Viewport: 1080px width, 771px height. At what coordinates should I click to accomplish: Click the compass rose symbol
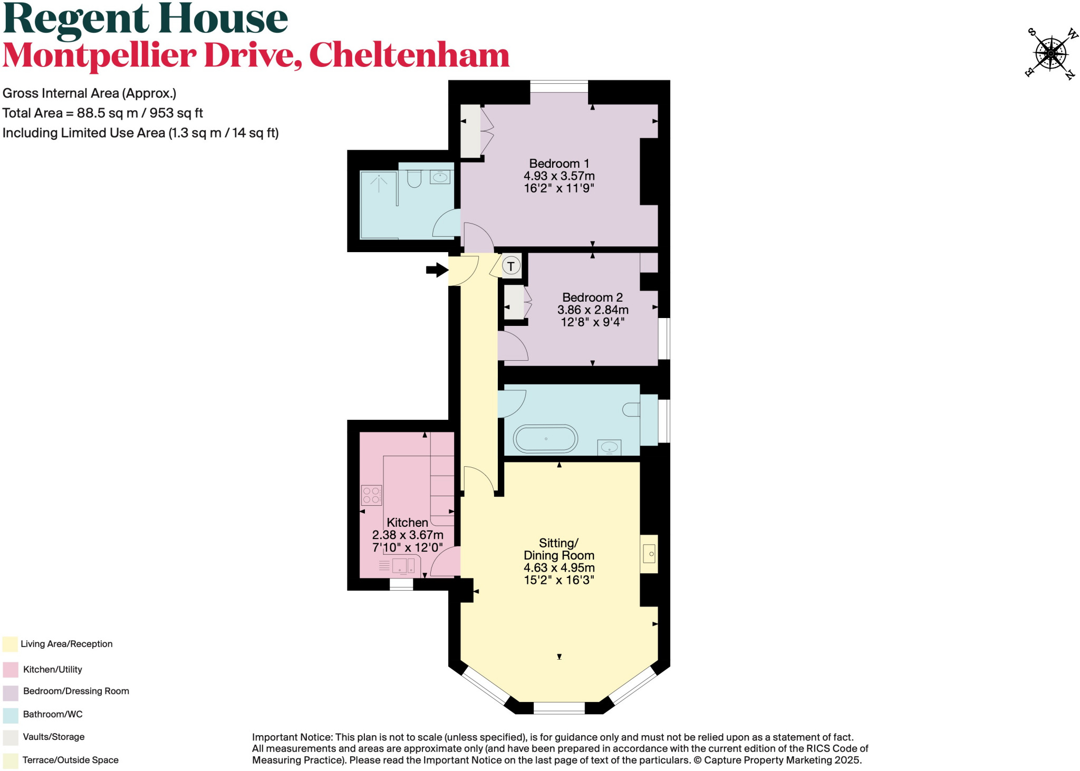click(x=1050, y=53)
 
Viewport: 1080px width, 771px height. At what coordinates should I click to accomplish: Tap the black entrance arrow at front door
click(x=437, y=270)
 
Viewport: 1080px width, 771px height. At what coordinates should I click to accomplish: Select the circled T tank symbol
click(x=510, y=266)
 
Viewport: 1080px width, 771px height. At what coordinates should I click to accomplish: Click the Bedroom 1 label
click(x=559, y=163)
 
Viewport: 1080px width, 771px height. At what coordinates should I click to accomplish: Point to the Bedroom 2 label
click(x=592, y=297)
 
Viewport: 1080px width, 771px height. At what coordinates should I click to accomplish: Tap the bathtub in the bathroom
click(x=546, y=439)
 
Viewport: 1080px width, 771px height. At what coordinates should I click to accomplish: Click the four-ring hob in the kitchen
click(x=371, y=495)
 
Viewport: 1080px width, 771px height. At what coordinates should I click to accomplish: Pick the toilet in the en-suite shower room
click(x=414, y=179)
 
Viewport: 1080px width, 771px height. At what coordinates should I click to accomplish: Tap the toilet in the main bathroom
click(x=631, y=409)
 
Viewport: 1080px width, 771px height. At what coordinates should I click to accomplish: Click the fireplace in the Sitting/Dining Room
click(x=649, y=554)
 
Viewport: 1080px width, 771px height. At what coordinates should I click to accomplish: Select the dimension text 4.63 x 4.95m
click(x=559, y=568)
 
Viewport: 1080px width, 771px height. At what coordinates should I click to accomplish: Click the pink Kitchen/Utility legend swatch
click(x=11, y=670)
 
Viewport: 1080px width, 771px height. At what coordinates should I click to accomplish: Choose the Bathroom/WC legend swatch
click(x=11, y=715)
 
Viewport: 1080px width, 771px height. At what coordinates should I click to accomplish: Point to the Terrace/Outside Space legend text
click(x=71, y=760)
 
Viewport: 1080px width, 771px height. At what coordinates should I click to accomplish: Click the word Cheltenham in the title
click(x=409, y=55)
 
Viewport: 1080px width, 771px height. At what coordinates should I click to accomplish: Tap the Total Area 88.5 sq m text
click(x=102, y=113)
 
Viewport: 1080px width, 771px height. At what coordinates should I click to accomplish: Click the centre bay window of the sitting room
click(x=559, y=708)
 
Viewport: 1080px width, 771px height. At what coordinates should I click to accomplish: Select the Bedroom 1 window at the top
click(x=559, y=86)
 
